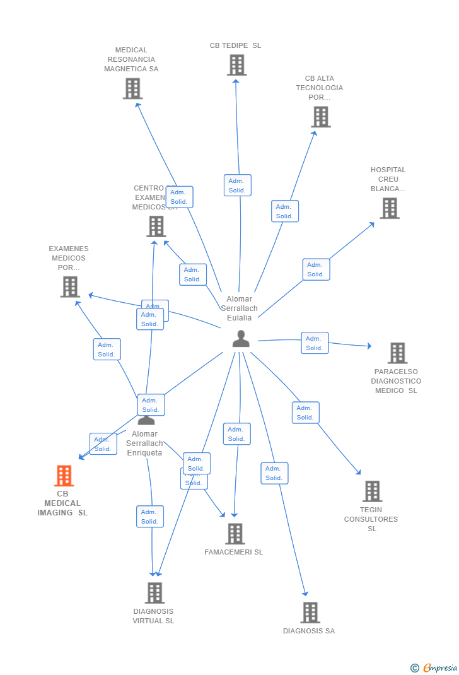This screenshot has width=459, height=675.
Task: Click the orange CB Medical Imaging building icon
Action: pos(64,476)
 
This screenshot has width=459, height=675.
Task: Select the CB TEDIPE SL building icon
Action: pos(236,65)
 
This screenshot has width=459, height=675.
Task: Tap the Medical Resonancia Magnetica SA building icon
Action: pos(132,88)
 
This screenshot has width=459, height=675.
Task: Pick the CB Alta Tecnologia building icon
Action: pos(320,117)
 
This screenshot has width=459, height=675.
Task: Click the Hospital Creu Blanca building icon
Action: pos(390,208)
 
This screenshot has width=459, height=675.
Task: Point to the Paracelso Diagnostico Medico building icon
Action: pos(397,353)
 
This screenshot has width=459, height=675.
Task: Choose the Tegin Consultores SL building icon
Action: pos(372,491)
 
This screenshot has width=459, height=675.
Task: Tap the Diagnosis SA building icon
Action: pos(310,613)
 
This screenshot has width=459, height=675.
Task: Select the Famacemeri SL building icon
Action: pos(235,534)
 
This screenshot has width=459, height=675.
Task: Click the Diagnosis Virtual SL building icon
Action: pos(154,593)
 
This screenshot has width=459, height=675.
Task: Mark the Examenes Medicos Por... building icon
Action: pos(70,287)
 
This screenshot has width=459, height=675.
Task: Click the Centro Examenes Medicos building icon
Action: pos(156,226)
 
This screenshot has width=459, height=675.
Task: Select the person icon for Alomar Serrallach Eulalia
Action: pos(241,339)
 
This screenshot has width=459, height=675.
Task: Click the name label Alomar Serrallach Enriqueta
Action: pos(144,443)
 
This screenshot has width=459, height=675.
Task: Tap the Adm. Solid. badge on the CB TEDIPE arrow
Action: pos(237,185)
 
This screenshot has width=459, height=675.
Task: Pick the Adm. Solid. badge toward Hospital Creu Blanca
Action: pos(316,269)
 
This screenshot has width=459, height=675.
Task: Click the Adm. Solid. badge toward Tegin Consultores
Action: pos(305,413)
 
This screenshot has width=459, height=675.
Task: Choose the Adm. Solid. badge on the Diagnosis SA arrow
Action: pos(274,473)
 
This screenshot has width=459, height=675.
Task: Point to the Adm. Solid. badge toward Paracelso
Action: pos(315,343)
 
